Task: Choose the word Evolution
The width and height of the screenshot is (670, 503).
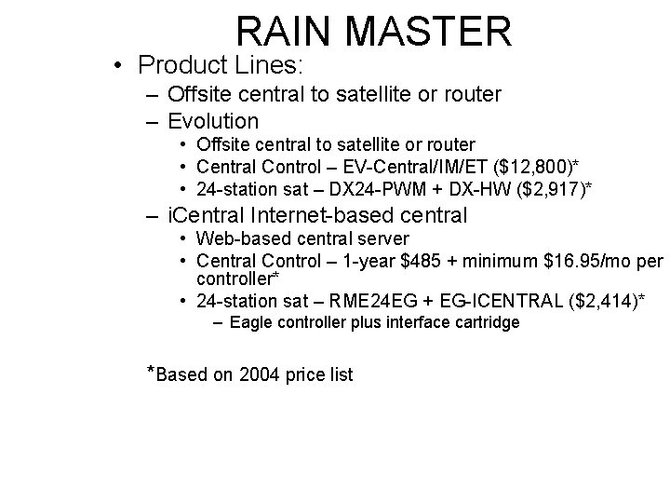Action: (x=213, y=121)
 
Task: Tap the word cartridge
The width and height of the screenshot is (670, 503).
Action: (x=485, y=322)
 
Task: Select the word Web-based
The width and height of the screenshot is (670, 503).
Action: (x=236, y=238)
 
